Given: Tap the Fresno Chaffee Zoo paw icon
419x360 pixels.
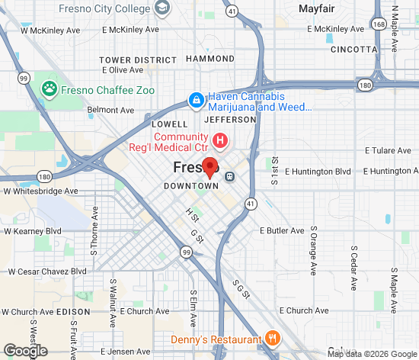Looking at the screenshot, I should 50,89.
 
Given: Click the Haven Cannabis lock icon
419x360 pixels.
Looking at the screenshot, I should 196,99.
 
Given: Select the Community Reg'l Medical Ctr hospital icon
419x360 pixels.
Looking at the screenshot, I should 221,140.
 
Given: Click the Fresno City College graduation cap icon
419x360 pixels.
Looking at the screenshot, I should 161,8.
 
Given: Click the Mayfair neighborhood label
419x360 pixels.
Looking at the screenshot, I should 317,9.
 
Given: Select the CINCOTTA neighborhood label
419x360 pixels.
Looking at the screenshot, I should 354,49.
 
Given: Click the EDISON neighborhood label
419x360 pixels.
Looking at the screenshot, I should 74,312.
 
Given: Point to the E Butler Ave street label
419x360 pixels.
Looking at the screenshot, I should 282,230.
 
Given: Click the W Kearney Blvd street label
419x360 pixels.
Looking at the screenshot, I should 33,230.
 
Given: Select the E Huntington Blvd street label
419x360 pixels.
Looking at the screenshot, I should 318,172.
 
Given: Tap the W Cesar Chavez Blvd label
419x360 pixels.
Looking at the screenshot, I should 47,271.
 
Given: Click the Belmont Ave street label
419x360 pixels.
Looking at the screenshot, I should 110,110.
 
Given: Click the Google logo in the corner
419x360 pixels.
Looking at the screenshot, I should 25,350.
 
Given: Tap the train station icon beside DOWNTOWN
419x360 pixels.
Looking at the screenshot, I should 230,177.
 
